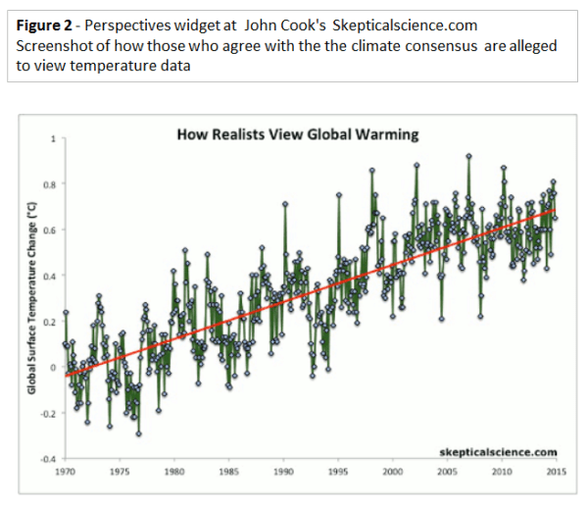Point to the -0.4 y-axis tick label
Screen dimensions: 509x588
click(x=47, y=458)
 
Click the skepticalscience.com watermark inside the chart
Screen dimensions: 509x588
click(x=498, y=451)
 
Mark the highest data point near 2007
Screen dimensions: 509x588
click(x=469, y=156)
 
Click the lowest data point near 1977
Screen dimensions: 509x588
click(x=138, y=433)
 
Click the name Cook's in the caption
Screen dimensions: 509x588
click(x=278, y=21)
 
